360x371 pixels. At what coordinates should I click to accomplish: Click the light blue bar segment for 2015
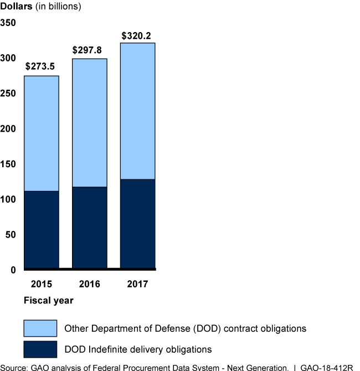point(42,133)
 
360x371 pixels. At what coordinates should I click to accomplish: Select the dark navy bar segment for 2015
point(42,230)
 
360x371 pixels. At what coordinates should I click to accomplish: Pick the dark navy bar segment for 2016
point(90,228)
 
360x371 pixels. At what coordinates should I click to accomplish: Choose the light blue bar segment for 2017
point(138,111)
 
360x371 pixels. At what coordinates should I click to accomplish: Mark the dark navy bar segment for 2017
point(138,224)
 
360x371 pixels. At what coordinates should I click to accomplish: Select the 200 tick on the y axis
point(8,128)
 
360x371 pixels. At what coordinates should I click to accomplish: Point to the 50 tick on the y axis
point(11,234)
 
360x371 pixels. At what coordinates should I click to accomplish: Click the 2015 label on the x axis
point(42,284)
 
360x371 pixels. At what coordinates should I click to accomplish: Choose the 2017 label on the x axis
point(138,284)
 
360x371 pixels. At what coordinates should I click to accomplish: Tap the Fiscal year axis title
point(49,301)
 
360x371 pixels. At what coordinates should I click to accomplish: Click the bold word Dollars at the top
point(16,7)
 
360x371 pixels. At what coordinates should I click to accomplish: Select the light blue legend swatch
point(40,328)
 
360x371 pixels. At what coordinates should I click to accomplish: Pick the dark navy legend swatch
point(40,349)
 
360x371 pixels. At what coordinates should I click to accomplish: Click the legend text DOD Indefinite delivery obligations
point(138,349)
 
